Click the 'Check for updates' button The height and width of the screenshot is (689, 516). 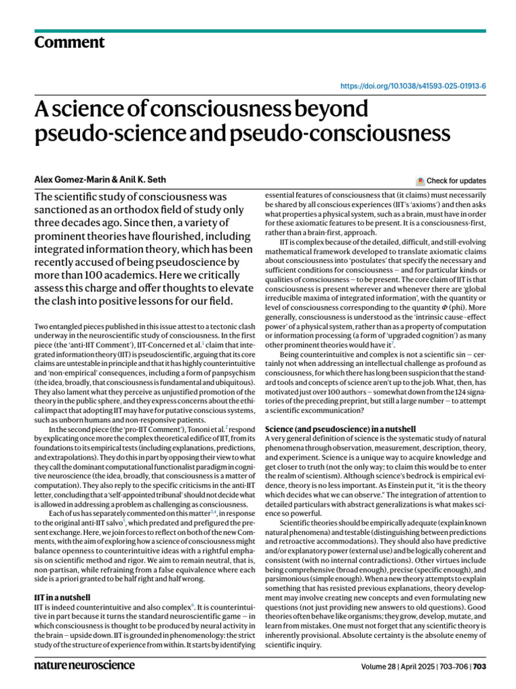(456, 180)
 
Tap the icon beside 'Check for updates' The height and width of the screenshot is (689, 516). (421, 180)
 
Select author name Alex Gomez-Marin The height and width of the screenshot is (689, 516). (69, 180)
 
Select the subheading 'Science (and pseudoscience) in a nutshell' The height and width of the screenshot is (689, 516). (341, 429)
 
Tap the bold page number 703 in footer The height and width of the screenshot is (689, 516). (480, 666)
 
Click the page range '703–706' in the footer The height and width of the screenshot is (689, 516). (454, 666)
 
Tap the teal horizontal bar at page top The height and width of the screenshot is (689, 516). (258, 31)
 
